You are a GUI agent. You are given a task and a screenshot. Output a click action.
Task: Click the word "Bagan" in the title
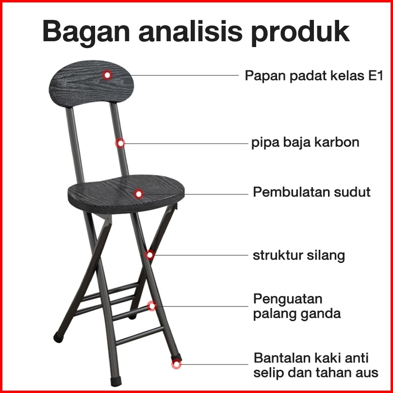click(86, 32)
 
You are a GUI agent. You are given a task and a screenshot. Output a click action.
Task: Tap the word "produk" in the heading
click(300, 32)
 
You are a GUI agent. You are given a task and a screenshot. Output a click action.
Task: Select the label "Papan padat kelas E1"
click(314, 75)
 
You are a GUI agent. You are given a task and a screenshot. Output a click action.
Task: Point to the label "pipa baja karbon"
click(305, 143)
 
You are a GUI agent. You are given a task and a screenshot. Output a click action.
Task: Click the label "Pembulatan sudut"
click(311, 192)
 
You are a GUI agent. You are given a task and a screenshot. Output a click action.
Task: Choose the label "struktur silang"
click(298, 255)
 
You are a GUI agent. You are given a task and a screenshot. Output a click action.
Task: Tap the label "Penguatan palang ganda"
click(297, 306)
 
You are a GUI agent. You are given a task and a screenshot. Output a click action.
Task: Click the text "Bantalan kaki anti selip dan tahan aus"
click(315, 365)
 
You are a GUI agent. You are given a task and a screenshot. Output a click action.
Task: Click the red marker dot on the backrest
click(107, 75)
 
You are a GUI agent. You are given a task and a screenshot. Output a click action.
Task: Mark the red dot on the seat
click(138, 194)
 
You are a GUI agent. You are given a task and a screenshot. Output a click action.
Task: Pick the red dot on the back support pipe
click(120, 143)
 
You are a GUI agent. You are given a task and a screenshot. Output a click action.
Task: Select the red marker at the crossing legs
click(149, 255)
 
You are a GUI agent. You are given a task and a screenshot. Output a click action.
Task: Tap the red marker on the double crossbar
click(152, 306)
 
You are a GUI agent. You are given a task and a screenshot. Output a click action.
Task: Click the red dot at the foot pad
click(177, 364)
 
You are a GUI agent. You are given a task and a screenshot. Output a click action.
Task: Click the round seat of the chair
click(126, 194)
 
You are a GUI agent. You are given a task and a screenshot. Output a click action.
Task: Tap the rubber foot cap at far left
click(58, 337)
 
